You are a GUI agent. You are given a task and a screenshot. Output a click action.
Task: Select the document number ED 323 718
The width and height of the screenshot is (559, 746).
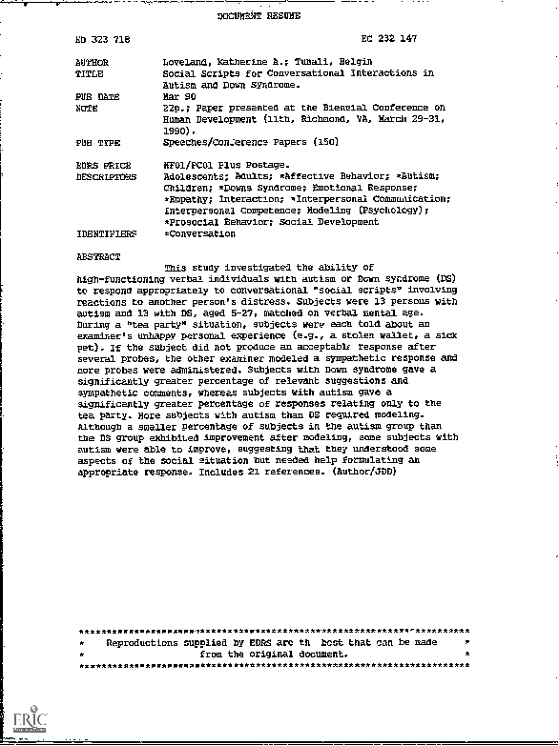coord(105,39)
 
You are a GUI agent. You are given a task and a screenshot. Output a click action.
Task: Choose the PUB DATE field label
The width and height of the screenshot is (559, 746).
coord(96,96)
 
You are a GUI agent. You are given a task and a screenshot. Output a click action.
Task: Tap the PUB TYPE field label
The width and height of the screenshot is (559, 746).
coord(96,142)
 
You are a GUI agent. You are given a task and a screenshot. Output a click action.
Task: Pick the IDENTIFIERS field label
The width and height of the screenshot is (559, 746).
coord(105,233)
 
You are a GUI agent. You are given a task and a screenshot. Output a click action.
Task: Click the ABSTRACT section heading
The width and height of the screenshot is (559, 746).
coord(97,256)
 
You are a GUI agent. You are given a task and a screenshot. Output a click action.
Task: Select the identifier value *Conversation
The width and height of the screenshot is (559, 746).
coord(199,233)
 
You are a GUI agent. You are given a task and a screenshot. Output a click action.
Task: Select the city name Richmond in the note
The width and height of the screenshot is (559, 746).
coord(306,120)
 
